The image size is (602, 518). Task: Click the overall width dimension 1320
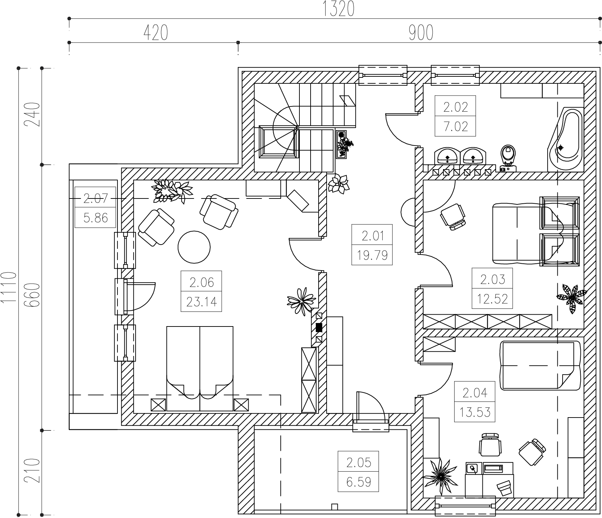pos(338,9)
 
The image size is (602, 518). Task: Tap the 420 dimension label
pos(155,33)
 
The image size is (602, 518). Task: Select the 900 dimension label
pos(421,33)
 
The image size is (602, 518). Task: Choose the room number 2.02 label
pos(455,107)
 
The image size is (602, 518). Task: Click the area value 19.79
pos(372,255)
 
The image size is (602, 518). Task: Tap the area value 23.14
pos(201,301)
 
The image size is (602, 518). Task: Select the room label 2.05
pos(359,463)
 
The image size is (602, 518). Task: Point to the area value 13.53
pos(475,412)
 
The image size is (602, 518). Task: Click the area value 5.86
pos(96,218)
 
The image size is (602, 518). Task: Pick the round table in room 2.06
pos(194,247)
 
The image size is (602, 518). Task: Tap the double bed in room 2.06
pos(200,369)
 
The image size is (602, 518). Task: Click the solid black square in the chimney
pos(319,328)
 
